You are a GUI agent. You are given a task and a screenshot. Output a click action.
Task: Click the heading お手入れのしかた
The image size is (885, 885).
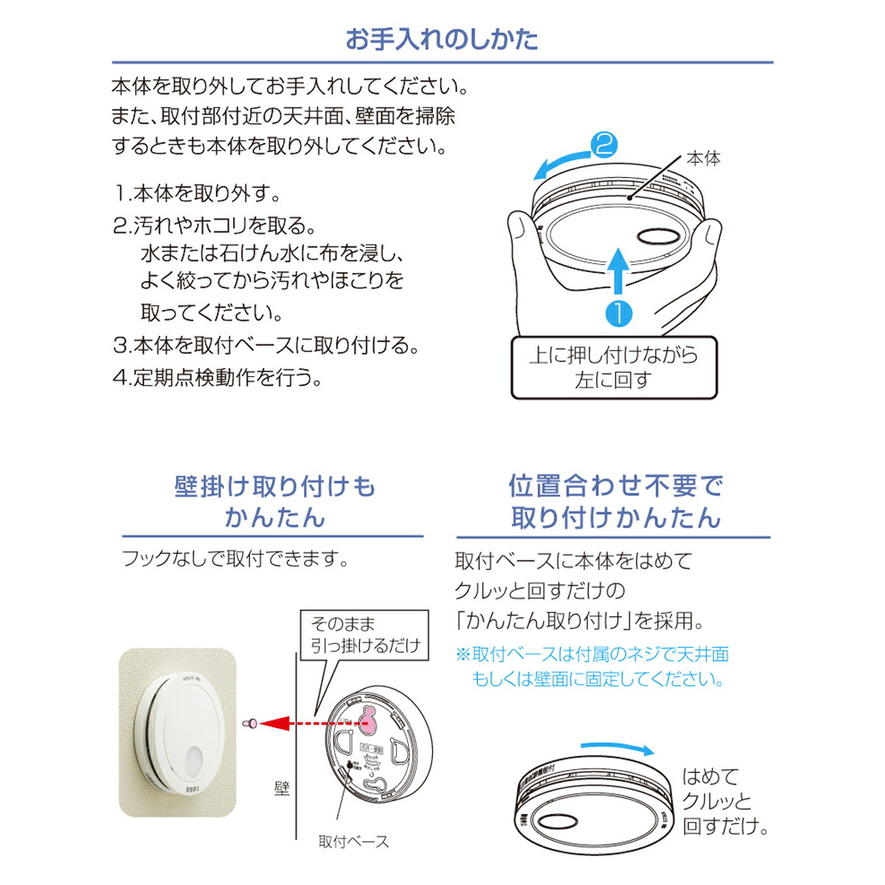(442, 39)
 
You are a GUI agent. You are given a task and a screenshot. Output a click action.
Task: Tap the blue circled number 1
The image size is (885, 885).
(618, 313)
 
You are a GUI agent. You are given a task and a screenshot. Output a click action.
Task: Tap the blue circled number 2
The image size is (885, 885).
(604, 145)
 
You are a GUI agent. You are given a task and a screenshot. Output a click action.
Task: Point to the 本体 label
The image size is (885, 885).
(703, 159)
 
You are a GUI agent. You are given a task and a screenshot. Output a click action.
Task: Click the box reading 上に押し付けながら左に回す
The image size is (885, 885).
(614, 368)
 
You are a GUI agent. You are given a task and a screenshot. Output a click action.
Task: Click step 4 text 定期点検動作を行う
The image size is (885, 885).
(218, 378)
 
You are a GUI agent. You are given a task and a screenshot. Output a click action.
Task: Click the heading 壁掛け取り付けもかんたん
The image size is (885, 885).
(274, 502)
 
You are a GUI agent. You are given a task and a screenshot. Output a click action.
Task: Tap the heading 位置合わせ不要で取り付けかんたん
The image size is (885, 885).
(615, 502)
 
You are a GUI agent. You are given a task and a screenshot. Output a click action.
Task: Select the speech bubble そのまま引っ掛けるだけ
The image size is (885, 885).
(364, 634)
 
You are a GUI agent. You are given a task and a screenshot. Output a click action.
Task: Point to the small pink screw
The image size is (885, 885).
(250, 723)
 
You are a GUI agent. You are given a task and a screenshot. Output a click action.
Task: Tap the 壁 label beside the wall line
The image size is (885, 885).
(282, 788)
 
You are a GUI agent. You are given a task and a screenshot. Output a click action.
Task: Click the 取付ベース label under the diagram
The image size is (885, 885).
(353, 841)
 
